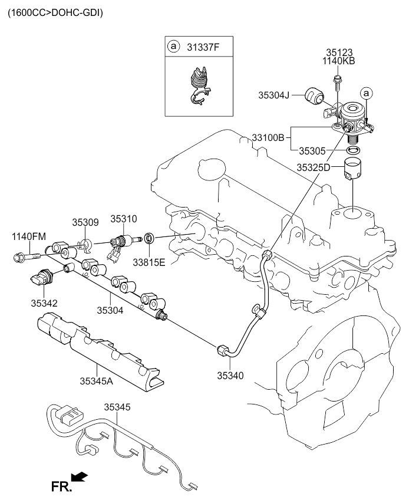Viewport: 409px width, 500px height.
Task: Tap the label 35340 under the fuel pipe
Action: click(232, 375)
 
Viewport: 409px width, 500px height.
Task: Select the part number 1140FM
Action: click(29, 236)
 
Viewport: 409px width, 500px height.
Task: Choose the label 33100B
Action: click(269, 137)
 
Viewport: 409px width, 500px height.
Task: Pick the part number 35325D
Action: click(313, 167)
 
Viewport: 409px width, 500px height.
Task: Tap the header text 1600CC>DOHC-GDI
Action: click(55, 12)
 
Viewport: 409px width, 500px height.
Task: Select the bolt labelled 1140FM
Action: click(25, 257)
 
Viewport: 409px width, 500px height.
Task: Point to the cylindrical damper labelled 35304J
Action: click(314, 96)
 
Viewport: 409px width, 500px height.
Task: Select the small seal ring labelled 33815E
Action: click(150, 238)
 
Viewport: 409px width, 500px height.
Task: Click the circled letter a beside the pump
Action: click(367, 93)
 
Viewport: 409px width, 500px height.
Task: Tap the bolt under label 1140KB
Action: click(337, 80)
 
